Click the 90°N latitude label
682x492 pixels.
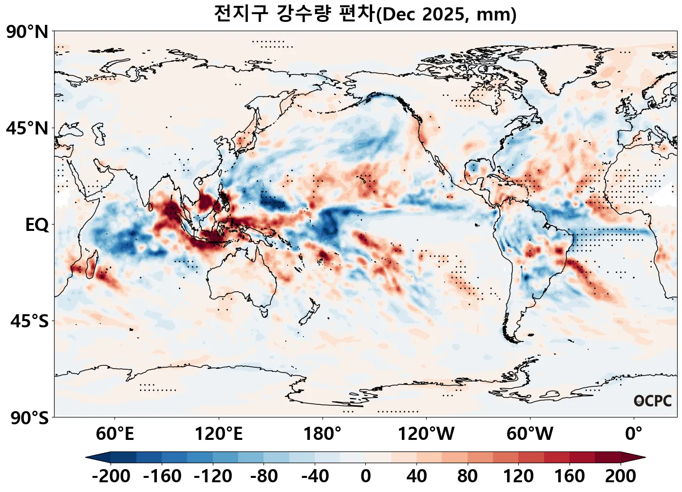tap(27, 32)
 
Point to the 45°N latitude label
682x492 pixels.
tap(27, 129)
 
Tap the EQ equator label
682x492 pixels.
tap(37, 225)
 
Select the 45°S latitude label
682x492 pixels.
tap(29, 322)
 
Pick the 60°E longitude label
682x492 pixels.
tap(114, 433)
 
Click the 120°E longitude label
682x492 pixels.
tap(218, 433)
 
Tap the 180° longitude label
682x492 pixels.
tap(322, 433)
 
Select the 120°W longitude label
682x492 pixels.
tap(426, 433)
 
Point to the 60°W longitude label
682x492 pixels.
tap(530, 433)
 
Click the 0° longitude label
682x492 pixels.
tap(634, 433)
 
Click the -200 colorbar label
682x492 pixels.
tap(111, 476)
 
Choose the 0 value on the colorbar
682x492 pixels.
tap(366, 476)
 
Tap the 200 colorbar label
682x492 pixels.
tap(620, 476)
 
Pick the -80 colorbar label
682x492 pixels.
tap(264, 476)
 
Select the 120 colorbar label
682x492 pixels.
tap(518, 476)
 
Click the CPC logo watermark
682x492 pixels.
tap(653, 401)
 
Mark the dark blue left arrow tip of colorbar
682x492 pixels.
tap(91, 457)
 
